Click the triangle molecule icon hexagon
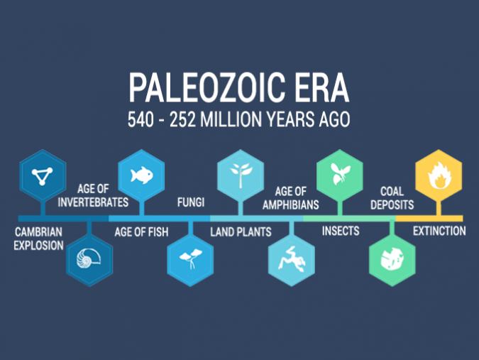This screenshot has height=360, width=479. (43, 173)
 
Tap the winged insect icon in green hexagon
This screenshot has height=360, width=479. (338, 174)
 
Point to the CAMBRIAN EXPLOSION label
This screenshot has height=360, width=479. (39, 239)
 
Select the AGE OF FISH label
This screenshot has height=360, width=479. (141, 231)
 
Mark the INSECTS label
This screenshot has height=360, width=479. (341, 231)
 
